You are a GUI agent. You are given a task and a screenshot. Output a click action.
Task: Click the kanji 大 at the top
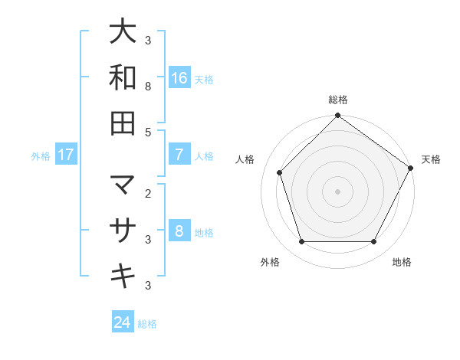pos(123,32)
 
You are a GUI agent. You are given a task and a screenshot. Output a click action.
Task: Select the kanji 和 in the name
pos(123,77)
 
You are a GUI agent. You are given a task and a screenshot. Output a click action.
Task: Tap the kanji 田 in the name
pos(123,123)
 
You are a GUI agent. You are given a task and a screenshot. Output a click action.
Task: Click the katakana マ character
pos(123,185)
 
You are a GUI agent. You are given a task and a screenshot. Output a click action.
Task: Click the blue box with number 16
pos(179,77)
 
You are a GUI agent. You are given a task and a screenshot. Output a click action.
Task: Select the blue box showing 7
pos(179,155)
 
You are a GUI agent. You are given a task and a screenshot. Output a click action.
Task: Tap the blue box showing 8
pos(179,231)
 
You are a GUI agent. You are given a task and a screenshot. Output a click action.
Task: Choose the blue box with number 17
pos(66,155)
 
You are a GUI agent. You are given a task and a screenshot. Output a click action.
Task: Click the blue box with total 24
pos(123,322)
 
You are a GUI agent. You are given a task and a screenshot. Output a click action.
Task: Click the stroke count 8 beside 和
pos(148,87)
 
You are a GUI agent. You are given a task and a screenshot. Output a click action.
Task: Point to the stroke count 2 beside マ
pos(148,194)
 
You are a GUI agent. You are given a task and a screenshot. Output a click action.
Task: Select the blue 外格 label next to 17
pos(41,155)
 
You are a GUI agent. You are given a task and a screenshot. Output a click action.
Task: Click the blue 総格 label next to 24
pos(148,323)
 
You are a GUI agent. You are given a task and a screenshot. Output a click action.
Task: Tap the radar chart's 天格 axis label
pos(431,159)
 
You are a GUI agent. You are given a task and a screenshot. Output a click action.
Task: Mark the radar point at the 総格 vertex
pos(337,117)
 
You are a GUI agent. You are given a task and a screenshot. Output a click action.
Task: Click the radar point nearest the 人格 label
pos(280,172)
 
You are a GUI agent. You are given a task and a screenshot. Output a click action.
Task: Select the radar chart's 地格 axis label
pos(402,262)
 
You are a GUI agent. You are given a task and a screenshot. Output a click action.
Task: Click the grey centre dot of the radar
pos(337,191)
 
